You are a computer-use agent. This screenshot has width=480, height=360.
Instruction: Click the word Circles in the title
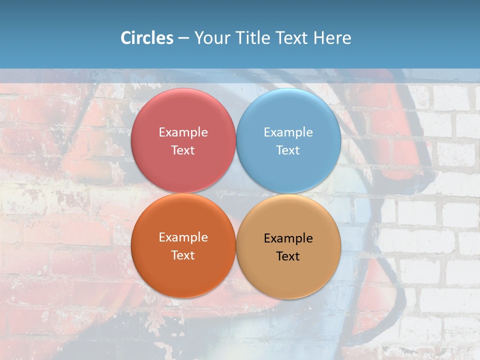(x=147, y=38)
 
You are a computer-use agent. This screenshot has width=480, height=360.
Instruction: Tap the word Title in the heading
(x=252, y=38)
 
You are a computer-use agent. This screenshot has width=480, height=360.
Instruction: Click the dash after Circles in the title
(x=183, y=38)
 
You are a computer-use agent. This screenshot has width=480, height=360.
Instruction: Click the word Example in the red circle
(x=183, y=132)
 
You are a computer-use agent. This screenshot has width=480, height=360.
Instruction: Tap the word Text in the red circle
(x=183, y=150)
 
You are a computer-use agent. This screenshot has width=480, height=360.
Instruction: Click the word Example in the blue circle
(x=288, y=132)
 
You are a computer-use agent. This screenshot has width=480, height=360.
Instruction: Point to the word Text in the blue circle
(x=288, y=150)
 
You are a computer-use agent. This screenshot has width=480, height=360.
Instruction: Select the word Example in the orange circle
(x=183, y=237)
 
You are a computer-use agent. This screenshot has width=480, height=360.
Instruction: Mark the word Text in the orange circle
(x=183, y=255)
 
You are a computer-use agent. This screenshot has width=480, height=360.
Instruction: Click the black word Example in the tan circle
(x=288, y=238)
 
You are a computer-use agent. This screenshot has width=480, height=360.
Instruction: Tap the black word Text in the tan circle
(x=288, y=256)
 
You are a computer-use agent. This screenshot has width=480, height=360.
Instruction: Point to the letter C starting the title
(x=125, y=38)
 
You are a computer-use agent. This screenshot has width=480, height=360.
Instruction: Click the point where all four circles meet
(x=236, y=193)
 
